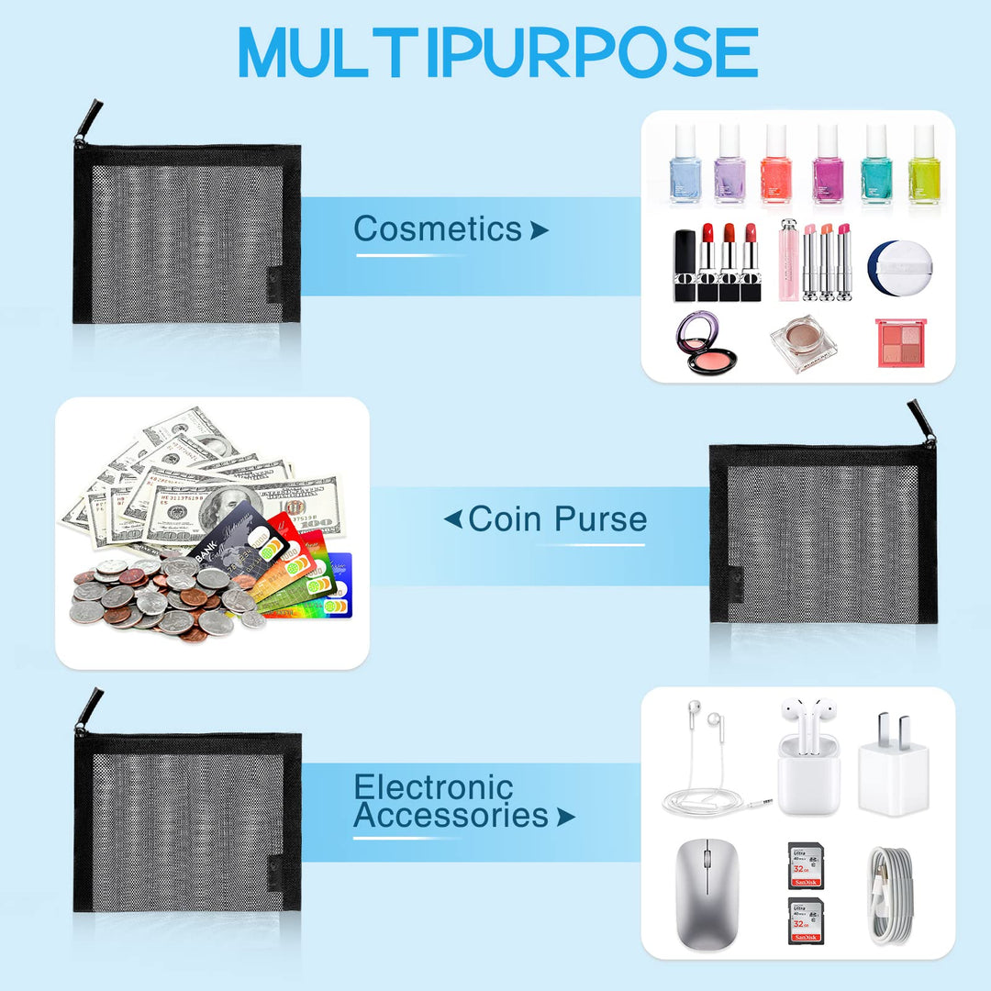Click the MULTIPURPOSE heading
[x=498, y=51]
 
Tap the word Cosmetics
[x=438, y=228]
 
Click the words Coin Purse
[x=558, y=518]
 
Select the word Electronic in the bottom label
[x=433, y=787]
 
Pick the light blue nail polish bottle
[x=685, y=164]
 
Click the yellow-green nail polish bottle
[x=924, y=164]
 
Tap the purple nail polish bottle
[x=729, y=164]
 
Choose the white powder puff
[x=900, y=267]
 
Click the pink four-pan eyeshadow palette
[x=901, y=342]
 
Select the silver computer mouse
[x=707, y=894]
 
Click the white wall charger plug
[x=894, y=766]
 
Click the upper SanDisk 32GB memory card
[x=806, y=865]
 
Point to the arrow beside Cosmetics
[x=540, y=230]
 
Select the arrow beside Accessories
[x=565, y=818]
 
